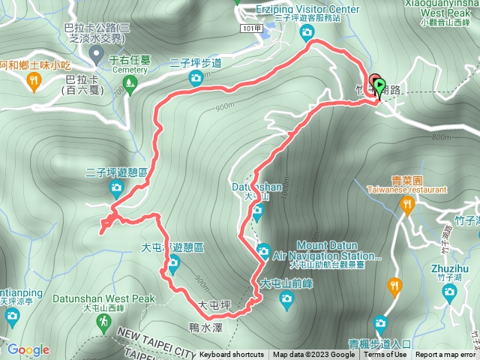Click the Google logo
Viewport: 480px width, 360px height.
pyautogui.click(x=28, y=349)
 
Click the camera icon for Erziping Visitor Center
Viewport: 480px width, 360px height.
pyautogui.click(x=307, y=32)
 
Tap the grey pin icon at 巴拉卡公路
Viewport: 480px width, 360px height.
pyautogui.click(x=97, y=53)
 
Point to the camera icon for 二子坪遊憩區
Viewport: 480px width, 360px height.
pyautogui.click(x=116, y=187)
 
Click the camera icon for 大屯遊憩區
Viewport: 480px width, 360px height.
pyautogui.click(x=174, y=262)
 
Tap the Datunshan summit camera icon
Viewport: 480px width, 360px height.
pyautogui.click(x=257, y=213)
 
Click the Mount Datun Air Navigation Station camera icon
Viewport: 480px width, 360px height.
pyautogui.click(x=263, y=250)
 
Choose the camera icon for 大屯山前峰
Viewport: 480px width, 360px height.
pyautogui.click(x=286, y=299)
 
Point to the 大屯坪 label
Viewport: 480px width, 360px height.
pyautogui.click(x=213, y=305)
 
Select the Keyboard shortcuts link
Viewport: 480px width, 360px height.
pyautogui.click(x=232, y=355)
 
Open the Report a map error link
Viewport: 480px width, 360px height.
pyautogui.click(x=445, y=355)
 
